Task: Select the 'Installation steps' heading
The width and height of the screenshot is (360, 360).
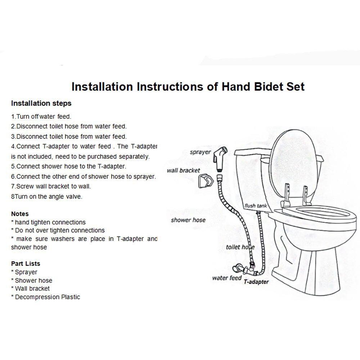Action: (41, 103)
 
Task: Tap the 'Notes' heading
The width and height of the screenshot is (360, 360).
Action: (20, 214)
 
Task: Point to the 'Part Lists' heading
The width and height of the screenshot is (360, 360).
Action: (26, 264)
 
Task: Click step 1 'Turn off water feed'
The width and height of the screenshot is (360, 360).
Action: (41, 117)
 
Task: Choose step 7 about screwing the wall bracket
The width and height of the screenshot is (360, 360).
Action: (51, 186)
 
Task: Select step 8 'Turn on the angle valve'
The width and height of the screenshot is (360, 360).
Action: (46, 197)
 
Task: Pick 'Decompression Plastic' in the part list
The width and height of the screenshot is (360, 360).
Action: (45, 297)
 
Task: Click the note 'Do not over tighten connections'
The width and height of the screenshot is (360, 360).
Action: (58, 230)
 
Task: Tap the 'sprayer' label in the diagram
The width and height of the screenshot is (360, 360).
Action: (200, 152)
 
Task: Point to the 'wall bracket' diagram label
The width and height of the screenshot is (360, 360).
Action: (183, 170)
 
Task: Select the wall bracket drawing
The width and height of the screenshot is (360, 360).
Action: (206, 181)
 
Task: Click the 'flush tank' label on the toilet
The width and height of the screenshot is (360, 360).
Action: (256, 206)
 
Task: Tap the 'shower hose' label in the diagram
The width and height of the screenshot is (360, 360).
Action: (188, 220)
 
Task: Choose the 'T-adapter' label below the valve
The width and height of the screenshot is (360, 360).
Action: (256, 282)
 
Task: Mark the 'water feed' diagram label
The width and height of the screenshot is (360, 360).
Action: (227, 278)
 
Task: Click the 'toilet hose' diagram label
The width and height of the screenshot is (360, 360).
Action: (240, 247)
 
